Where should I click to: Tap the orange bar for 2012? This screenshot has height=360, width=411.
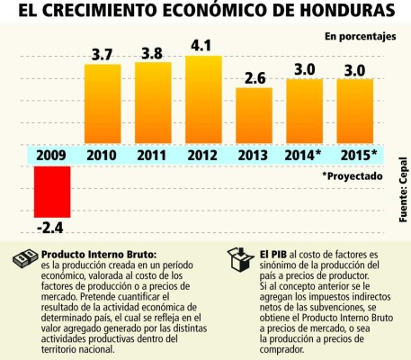click(203, 99)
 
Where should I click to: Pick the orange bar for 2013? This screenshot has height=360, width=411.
click(255, 115)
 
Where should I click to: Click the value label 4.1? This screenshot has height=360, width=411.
click(203, 43)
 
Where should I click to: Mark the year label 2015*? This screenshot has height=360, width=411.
click(357, 155)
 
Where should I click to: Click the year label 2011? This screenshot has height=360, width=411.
click(152, 155)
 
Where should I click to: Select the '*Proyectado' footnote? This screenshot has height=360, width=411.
click(352, 177)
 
